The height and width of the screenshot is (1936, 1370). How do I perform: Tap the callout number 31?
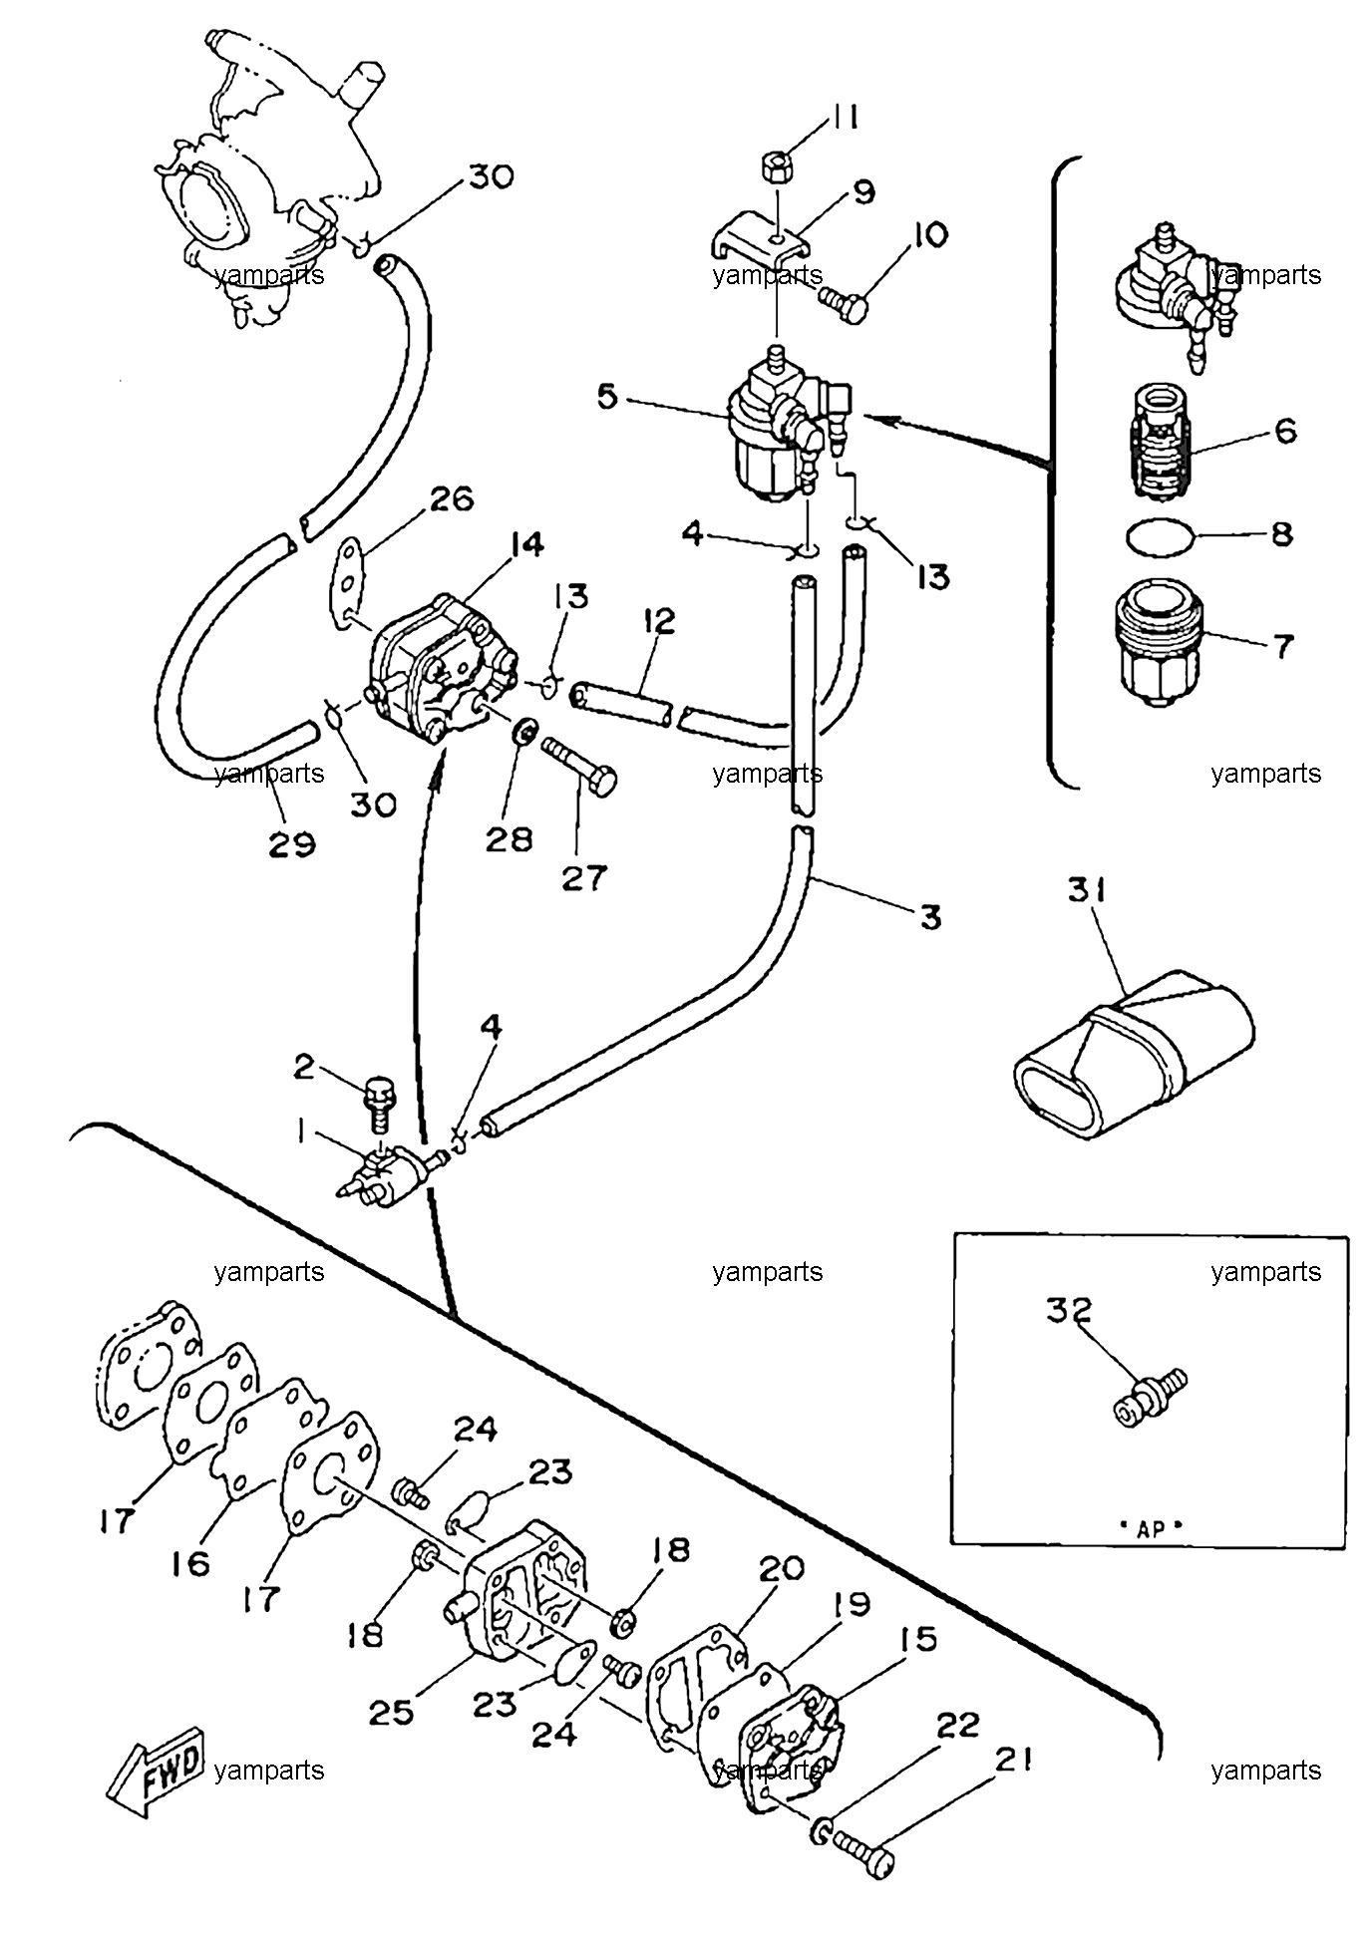pos(1087,890)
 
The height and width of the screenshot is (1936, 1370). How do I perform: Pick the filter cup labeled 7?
pos(1160,644)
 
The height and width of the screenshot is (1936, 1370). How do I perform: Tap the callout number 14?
pos(524,544)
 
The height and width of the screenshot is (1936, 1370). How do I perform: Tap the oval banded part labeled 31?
pos(1134,1055)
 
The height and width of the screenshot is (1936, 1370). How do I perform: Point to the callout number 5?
pos(606,397)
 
